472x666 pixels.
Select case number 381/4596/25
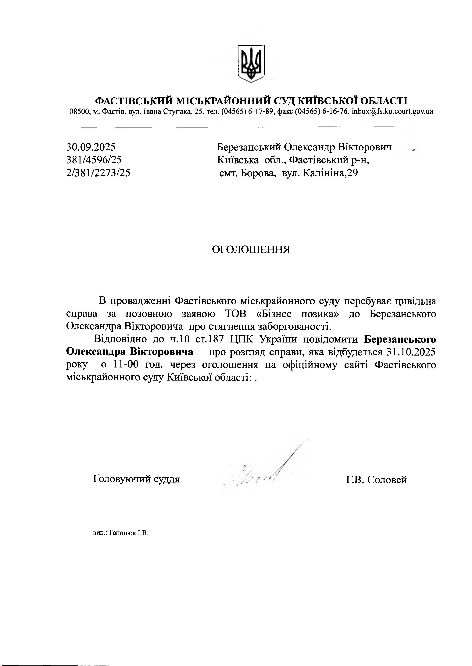click(x=94, y=160)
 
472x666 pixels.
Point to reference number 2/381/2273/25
click(x=98, y=173)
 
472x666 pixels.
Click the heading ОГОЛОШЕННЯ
click(x=251, y=249)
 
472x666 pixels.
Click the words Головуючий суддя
click(x=136, y=479)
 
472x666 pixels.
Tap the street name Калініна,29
click(x=331, y=173)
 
